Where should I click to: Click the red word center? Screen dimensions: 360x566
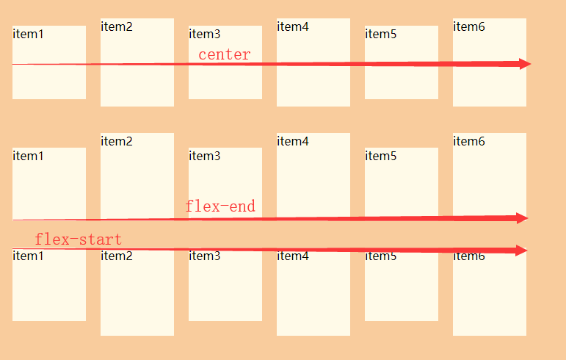[224, 54]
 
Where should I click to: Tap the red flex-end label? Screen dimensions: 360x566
[220, 206]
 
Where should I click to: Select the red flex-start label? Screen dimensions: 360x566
[78, 240]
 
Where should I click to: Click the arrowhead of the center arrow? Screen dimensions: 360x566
[524, 64]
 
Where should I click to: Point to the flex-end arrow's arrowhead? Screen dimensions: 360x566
[522, 218]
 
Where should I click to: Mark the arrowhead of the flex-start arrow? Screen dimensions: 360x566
[522, 251]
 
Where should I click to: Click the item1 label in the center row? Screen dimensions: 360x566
[29, 34]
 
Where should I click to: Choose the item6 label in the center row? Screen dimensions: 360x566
[469, 26]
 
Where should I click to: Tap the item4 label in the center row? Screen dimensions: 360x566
[293, 26]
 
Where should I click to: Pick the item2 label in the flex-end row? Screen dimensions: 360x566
[117, 141]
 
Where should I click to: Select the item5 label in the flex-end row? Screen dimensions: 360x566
[381, 156]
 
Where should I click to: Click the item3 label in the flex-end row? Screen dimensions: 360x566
[205, 156]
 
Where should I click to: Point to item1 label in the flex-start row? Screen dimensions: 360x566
[29, 256]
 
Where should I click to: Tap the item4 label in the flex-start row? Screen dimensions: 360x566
[293, 256]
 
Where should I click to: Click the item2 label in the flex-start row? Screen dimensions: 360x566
[117, 256]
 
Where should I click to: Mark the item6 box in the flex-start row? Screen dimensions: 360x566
[490, 298]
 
